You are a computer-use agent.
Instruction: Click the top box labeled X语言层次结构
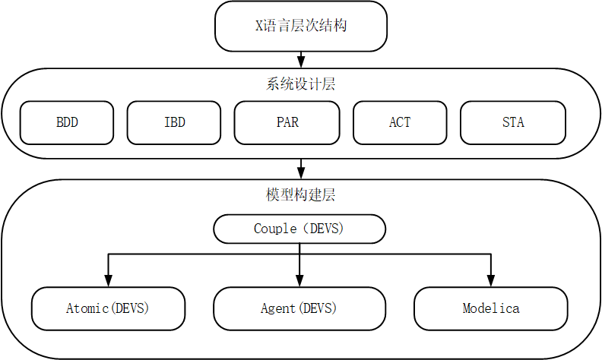click(x=301, y=26)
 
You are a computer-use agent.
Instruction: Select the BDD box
click(x=67, y=122)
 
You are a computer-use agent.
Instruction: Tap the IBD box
click(x=174, y=122)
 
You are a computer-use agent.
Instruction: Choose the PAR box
click(x=287, y=122)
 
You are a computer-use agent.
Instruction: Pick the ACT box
click(x=400, y=122)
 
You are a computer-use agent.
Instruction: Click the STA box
click(x=513, y=122)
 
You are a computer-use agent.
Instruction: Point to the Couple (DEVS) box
click(x=299, y=229)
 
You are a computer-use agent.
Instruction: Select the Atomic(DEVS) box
click(x=108, y=308)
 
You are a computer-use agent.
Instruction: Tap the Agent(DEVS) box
click(x=299, y=308)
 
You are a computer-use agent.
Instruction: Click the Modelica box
click(x=491, y=308)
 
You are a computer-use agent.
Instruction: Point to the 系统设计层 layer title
click(x=301, y=84)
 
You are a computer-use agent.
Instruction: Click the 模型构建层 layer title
click(x=301, y=195)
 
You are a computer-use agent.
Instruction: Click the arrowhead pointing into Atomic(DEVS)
click(x=108, y=281)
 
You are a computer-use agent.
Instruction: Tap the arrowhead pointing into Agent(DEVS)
click(x=299, y=281)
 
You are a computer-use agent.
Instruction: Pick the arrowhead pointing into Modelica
click(x=491, y=281)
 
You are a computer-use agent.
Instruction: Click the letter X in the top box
click(x=258, y=26)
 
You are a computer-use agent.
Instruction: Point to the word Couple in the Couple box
click(x=274, y=229)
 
